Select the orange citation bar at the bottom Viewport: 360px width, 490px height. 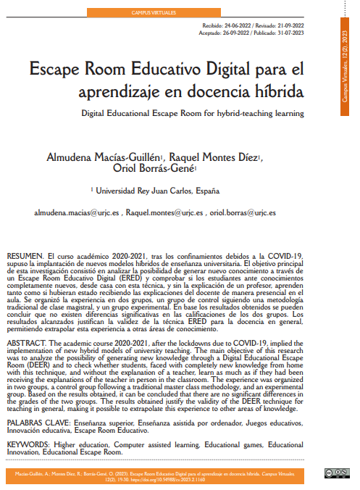click(159, 476)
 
